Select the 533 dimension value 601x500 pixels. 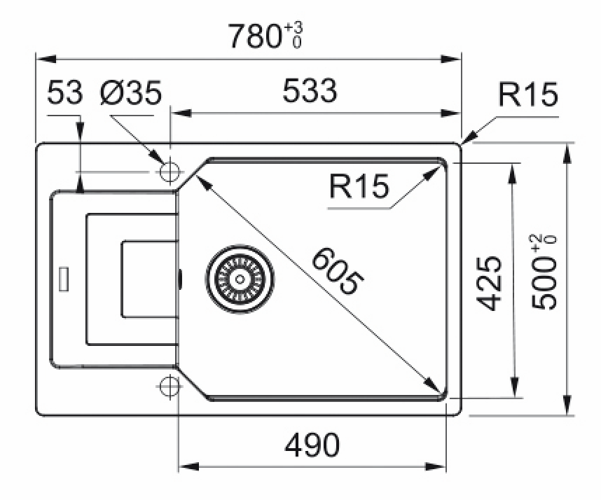(310, 91)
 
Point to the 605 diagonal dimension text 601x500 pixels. (337, 271)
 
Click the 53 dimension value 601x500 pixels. (65, 92)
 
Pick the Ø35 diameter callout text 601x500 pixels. (131, 92)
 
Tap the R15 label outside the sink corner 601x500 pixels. (528, 95)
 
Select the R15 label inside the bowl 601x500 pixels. (359, 187)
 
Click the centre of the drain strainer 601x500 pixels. (240, 279)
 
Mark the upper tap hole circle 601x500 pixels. (169, 172)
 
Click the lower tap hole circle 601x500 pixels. (169, 387)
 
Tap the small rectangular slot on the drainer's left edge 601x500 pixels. (64, 278)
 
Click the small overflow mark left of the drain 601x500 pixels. (180, 279)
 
